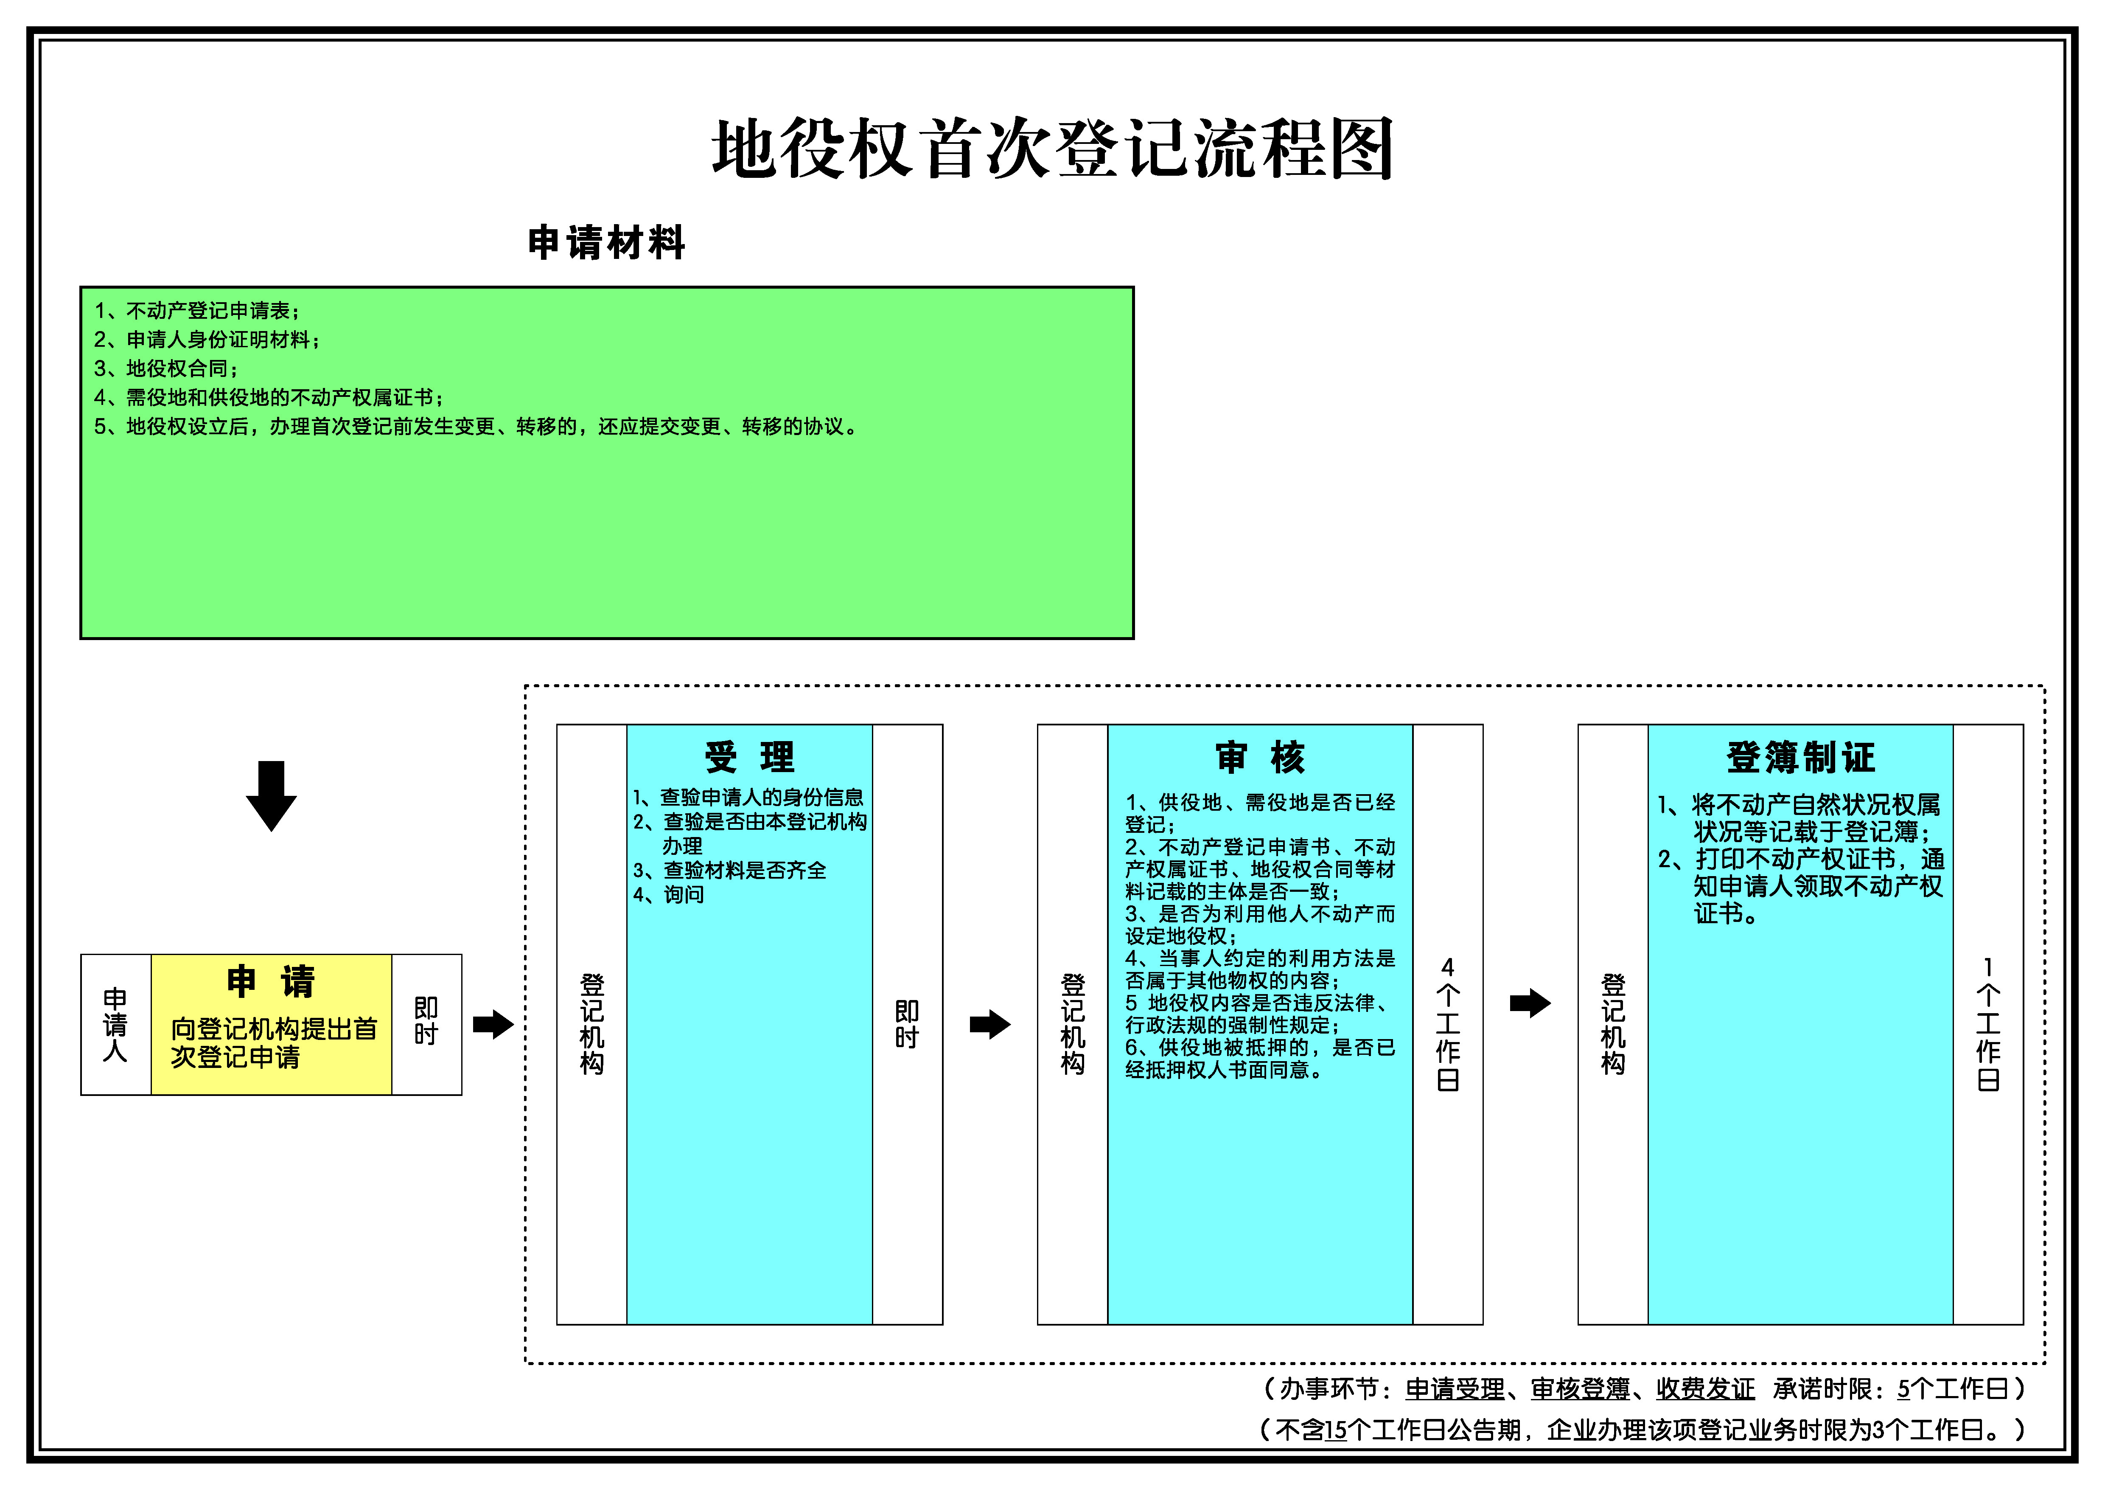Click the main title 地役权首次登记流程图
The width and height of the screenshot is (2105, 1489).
point(1052,149)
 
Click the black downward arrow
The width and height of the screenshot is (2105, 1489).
point(272,796)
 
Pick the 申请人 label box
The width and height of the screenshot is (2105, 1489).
point(115,1024)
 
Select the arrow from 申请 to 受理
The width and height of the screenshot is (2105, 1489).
point(493,1024)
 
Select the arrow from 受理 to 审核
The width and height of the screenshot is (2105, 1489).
point(990,1024)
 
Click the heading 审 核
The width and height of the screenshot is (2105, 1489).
point(1261,757)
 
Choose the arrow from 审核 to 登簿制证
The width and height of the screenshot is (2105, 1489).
point(1530,1003)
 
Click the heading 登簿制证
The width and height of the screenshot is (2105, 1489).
point(1801,757)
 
